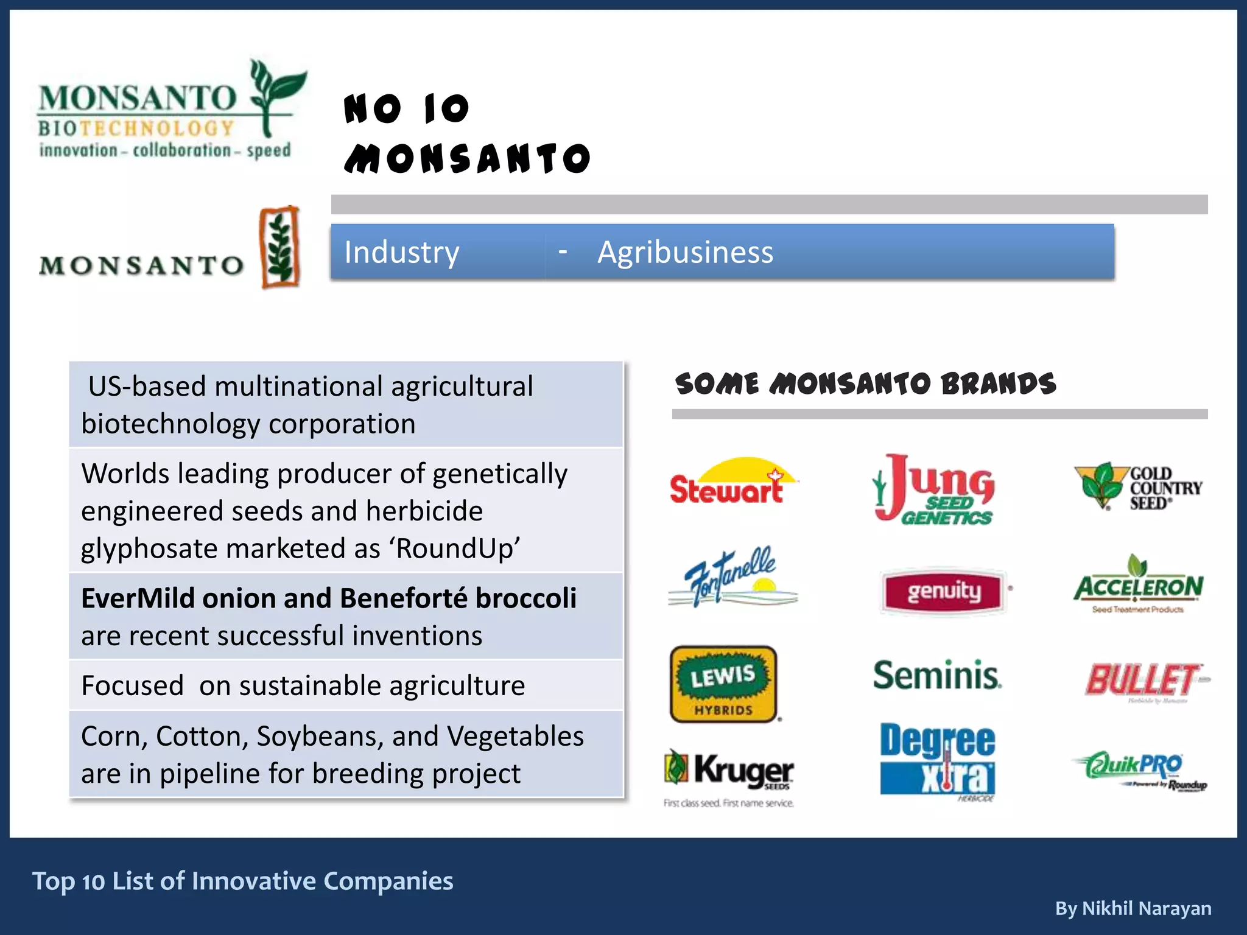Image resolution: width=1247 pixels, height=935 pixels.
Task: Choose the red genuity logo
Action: point(943,591)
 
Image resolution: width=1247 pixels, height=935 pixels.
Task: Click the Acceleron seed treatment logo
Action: point(1138,585)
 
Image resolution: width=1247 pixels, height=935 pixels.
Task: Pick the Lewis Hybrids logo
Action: point(723,684)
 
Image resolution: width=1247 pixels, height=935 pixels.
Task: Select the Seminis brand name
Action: point(937,676)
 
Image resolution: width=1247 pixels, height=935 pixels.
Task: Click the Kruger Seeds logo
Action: point(729,773)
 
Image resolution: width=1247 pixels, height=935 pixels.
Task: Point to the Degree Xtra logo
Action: point(938,761)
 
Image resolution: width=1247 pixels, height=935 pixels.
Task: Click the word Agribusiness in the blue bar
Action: point(685,252)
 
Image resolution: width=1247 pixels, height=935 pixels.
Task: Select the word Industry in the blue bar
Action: point(401,252)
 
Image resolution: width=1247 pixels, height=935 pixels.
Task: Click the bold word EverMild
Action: point(138,598)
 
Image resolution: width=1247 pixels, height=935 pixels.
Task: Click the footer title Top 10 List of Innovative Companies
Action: point(242,881)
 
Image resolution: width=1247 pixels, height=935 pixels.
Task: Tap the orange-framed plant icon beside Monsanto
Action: point(279,247)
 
